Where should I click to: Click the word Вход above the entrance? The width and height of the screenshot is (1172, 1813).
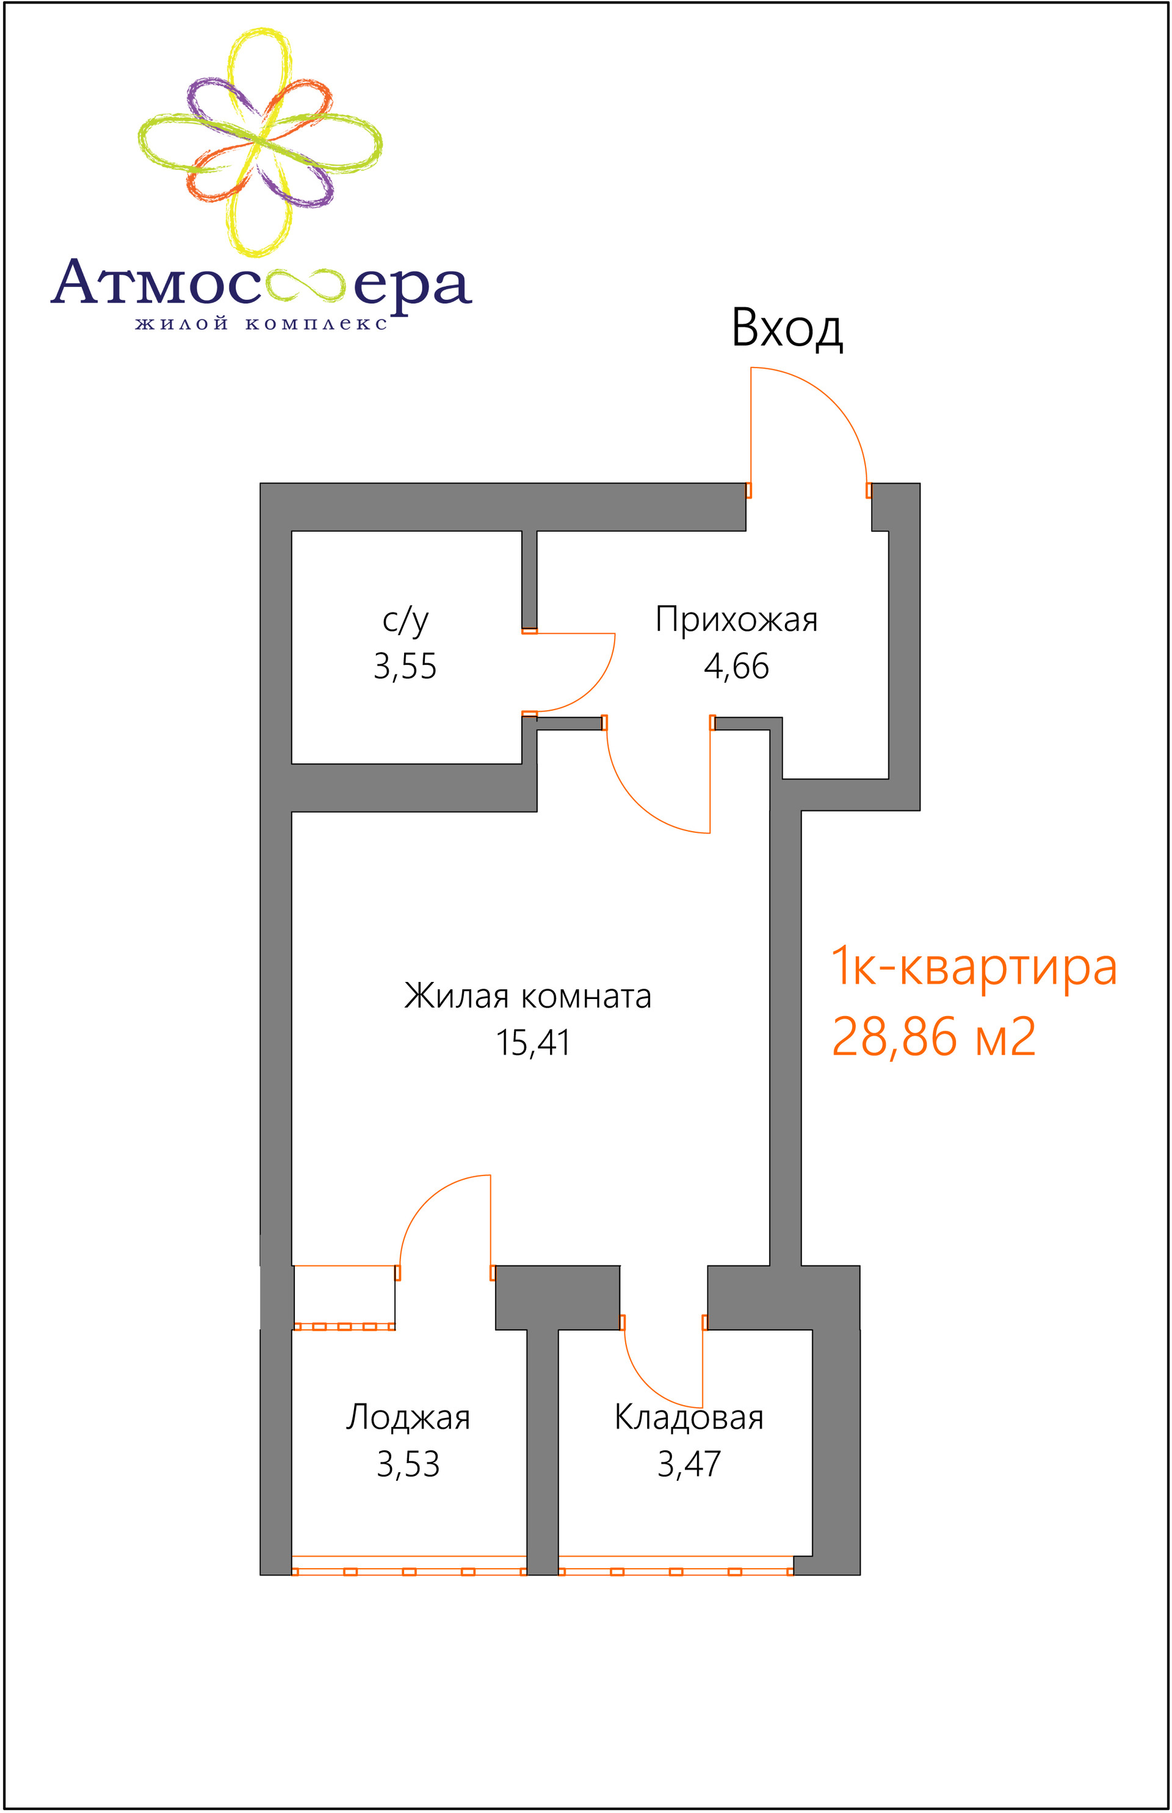coord(787,328)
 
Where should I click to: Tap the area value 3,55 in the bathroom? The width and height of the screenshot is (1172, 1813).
coord(405,666)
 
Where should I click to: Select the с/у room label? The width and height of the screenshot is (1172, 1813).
coord(406,620)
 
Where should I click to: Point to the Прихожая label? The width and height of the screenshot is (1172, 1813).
coord(737,620)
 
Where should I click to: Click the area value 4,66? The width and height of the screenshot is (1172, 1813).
coord(737,666)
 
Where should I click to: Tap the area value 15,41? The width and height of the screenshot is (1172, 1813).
coord(533,1043)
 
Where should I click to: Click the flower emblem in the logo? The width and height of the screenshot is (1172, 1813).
coord(259,142)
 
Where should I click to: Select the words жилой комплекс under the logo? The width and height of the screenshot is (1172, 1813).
coord(261,324)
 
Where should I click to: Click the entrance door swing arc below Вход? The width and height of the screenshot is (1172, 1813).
coord(833,401)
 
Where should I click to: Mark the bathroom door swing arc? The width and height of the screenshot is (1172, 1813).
coord(592,688)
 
